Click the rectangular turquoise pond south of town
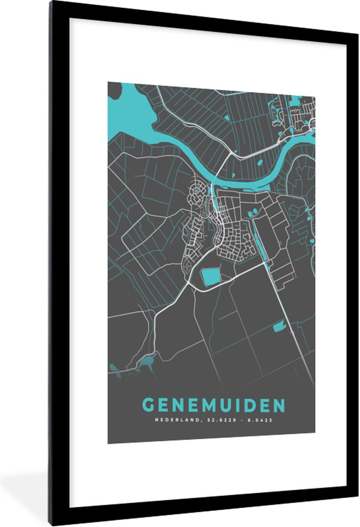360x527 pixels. [x=210, y=277]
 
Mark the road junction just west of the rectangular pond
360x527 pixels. [x=190, y=284]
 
